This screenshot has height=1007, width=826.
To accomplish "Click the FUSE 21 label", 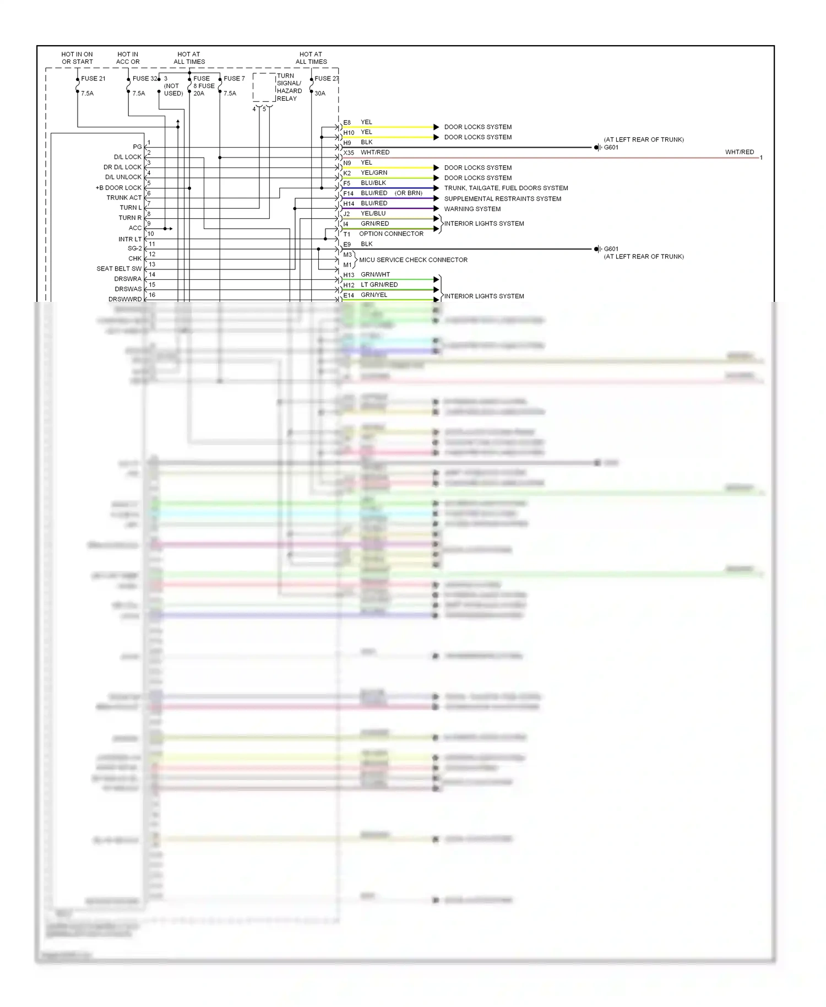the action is [93, 79].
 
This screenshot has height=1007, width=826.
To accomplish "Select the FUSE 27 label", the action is [327, 79].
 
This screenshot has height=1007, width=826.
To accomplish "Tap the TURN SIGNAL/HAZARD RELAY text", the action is [289, 87].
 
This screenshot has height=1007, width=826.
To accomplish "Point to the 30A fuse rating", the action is [320, 94].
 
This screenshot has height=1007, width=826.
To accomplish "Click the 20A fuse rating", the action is [199, 94].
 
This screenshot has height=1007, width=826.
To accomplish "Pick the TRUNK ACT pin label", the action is [124, 198].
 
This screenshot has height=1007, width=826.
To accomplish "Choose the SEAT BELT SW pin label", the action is [119, 269].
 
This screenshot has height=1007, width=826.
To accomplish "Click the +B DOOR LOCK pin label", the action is [118, 188].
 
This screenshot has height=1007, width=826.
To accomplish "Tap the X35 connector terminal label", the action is [349, 153].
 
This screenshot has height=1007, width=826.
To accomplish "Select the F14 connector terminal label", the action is [349, 193].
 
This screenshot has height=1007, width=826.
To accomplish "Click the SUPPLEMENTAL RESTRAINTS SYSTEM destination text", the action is [503, 199].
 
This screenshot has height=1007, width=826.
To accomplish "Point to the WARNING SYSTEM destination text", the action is [472, 209].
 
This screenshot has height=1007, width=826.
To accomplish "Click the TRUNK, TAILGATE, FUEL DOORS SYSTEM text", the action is [506, 188].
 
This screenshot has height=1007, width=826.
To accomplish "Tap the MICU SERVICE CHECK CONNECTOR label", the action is [413, 260].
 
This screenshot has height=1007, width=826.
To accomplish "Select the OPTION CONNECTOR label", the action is [391, 234].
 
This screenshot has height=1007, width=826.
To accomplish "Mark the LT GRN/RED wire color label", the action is [379, 285].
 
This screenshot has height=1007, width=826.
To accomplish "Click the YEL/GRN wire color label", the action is [374, 173].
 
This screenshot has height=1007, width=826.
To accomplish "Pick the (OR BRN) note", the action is [409, 193].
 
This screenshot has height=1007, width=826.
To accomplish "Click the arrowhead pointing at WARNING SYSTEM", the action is [436, 209].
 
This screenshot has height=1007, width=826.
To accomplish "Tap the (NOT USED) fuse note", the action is [173, 90].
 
